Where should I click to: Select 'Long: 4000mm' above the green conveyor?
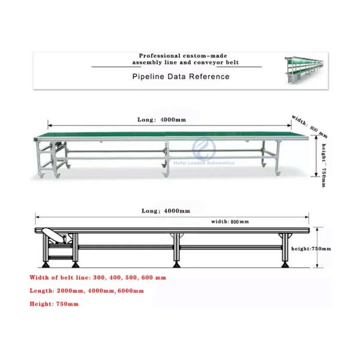(x=163, y=120)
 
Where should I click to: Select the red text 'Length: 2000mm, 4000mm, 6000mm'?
(x=86, y=291)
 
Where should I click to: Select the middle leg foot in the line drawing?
(x=176, y=263)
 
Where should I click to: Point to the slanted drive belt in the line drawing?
(x=59, y=236)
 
